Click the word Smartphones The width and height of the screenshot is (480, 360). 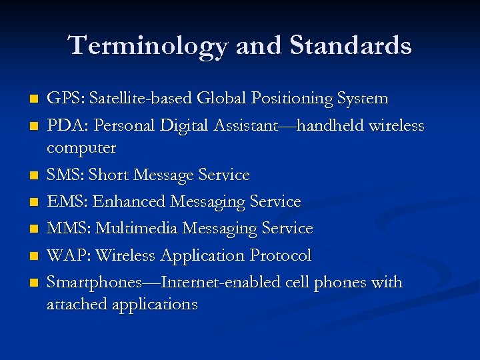point(94,283)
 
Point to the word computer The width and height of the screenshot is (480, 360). point(81,147)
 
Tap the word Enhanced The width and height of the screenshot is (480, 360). point(129,201)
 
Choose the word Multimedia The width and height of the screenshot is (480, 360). point(137,228)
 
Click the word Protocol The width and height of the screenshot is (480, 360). point(281,255)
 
